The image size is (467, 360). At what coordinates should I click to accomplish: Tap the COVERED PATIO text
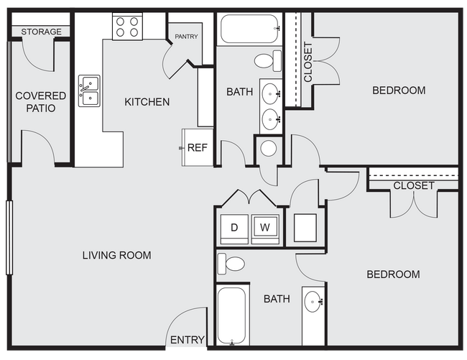(x=40, y=101)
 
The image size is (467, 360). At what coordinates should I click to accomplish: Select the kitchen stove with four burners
(x=126, y=27)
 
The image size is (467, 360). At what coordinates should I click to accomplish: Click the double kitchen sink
(x=89, y=91)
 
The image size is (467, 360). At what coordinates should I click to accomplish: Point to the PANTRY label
(x=186, y=37)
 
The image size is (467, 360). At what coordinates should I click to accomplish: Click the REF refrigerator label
(x=197, y=148)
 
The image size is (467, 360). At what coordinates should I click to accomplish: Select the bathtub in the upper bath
(x=249, y=29)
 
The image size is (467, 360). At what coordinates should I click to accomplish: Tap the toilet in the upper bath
(x=268, y=58)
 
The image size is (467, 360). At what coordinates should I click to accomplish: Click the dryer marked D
(x=233, y=228)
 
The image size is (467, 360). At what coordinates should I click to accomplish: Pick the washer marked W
(x=264, y=228)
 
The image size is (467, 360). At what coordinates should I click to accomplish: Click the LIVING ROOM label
(x=116, y=255)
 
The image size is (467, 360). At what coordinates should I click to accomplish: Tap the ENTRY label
(x=187, y=340)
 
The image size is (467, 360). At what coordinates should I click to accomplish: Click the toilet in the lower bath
(x=231, y=264)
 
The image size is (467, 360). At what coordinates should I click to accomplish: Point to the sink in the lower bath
(x=313, y=301)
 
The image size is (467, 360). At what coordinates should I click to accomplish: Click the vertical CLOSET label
(x=308, y=63)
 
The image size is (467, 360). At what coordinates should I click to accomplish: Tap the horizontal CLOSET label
(x=413, y=186)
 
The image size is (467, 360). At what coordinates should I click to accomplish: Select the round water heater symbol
(x=269, y=149)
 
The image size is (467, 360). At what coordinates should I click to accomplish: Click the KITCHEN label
(x=147, y=101)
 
